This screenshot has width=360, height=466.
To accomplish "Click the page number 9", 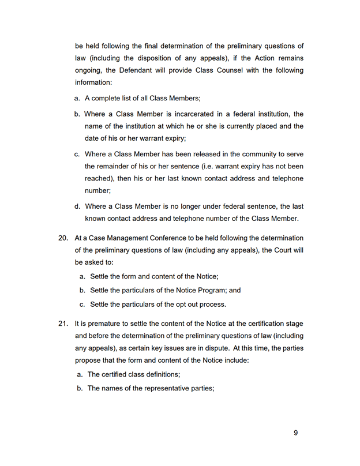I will [295, 433].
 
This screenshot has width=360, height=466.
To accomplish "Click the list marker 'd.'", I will [77, 206].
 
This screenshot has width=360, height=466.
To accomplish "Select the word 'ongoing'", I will [90, 70].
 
